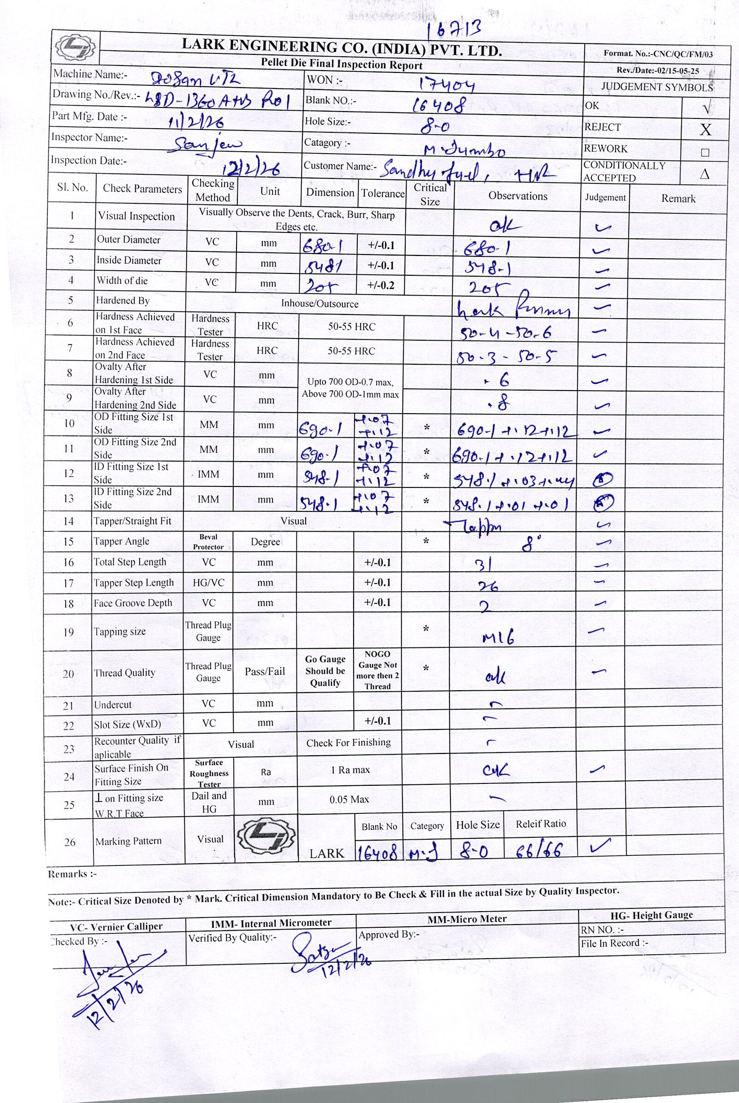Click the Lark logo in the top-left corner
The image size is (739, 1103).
pyautogui.click(x=76, y=47)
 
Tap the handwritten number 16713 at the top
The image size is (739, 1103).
pyautogui.click(x=454, y=30)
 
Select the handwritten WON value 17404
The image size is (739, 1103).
pyautogui.click(x=447, y=85)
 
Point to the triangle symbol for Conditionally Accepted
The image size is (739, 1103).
pyautogui.click(x=704, y=174)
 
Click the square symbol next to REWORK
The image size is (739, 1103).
pyautogui.click(x=705, y=152)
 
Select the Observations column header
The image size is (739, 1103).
pyautogui.click(x=518, y=196)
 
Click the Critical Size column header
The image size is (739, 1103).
pyautogui.click(x=429, y=194)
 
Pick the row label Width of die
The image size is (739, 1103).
pyautogui.click(x=122, y=281)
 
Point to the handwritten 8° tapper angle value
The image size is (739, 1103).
pyautogui.click(x=531, y=545)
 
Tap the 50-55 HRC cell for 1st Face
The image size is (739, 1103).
pyautogui.click(x=352, y=326)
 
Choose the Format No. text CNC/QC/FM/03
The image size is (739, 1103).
pyautogui.click(x=658, y=54)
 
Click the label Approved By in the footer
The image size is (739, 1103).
pyautogui.click(x=388, y=934)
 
